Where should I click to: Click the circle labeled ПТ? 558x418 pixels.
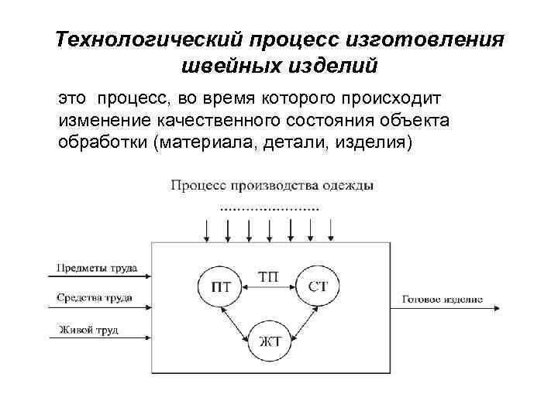coord(220,286)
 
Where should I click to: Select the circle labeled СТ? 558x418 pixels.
coord(318,286)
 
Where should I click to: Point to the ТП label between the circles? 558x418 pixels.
coord(269,276)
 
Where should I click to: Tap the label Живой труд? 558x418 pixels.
coord(88,331)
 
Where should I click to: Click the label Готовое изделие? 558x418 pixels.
coord(443,298)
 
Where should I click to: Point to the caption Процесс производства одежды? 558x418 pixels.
coord(271,186)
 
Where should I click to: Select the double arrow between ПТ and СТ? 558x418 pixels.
coord(269,288)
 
